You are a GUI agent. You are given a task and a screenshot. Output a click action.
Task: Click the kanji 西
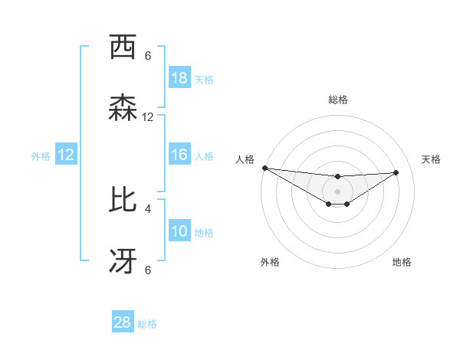click(123, 47)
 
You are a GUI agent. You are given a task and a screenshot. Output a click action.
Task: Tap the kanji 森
click(123, 109)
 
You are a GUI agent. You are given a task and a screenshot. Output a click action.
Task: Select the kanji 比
click(123, 200)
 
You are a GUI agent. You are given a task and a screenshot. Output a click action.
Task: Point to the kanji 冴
click(123, 261)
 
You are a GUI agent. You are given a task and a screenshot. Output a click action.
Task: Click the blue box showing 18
click(179, 78)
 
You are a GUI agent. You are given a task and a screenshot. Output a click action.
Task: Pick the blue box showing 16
click(179, 155)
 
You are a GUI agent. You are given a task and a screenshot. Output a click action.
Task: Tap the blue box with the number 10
click(179, 231)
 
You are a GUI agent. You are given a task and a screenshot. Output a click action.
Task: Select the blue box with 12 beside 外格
click(66, 155)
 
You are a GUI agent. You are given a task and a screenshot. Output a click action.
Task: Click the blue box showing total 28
click(123, 322)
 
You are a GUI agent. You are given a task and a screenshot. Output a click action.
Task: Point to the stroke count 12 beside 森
click(148, 117)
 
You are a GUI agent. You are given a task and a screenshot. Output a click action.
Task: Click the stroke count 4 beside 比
click(148, 208)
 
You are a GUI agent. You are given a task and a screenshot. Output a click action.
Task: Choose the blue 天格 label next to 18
click(204, 79)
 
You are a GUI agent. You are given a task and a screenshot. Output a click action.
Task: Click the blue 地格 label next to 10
click(204, 232)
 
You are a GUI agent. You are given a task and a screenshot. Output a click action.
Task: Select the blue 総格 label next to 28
click(147, 323)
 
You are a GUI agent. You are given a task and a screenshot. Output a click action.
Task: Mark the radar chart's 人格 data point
click(264, 168)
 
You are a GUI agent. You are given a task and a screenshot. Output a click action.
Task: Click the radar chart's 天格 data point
click(396, 172)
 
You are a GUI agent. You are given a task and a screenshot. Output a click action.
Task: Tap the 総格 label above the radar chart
click(338, 100)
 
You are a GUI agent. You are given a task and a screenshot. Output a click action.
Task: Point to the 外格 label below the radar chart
click(270, 262)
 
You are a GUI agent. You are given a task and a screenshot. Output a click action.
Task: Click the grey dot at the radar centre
click(338, 191)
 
